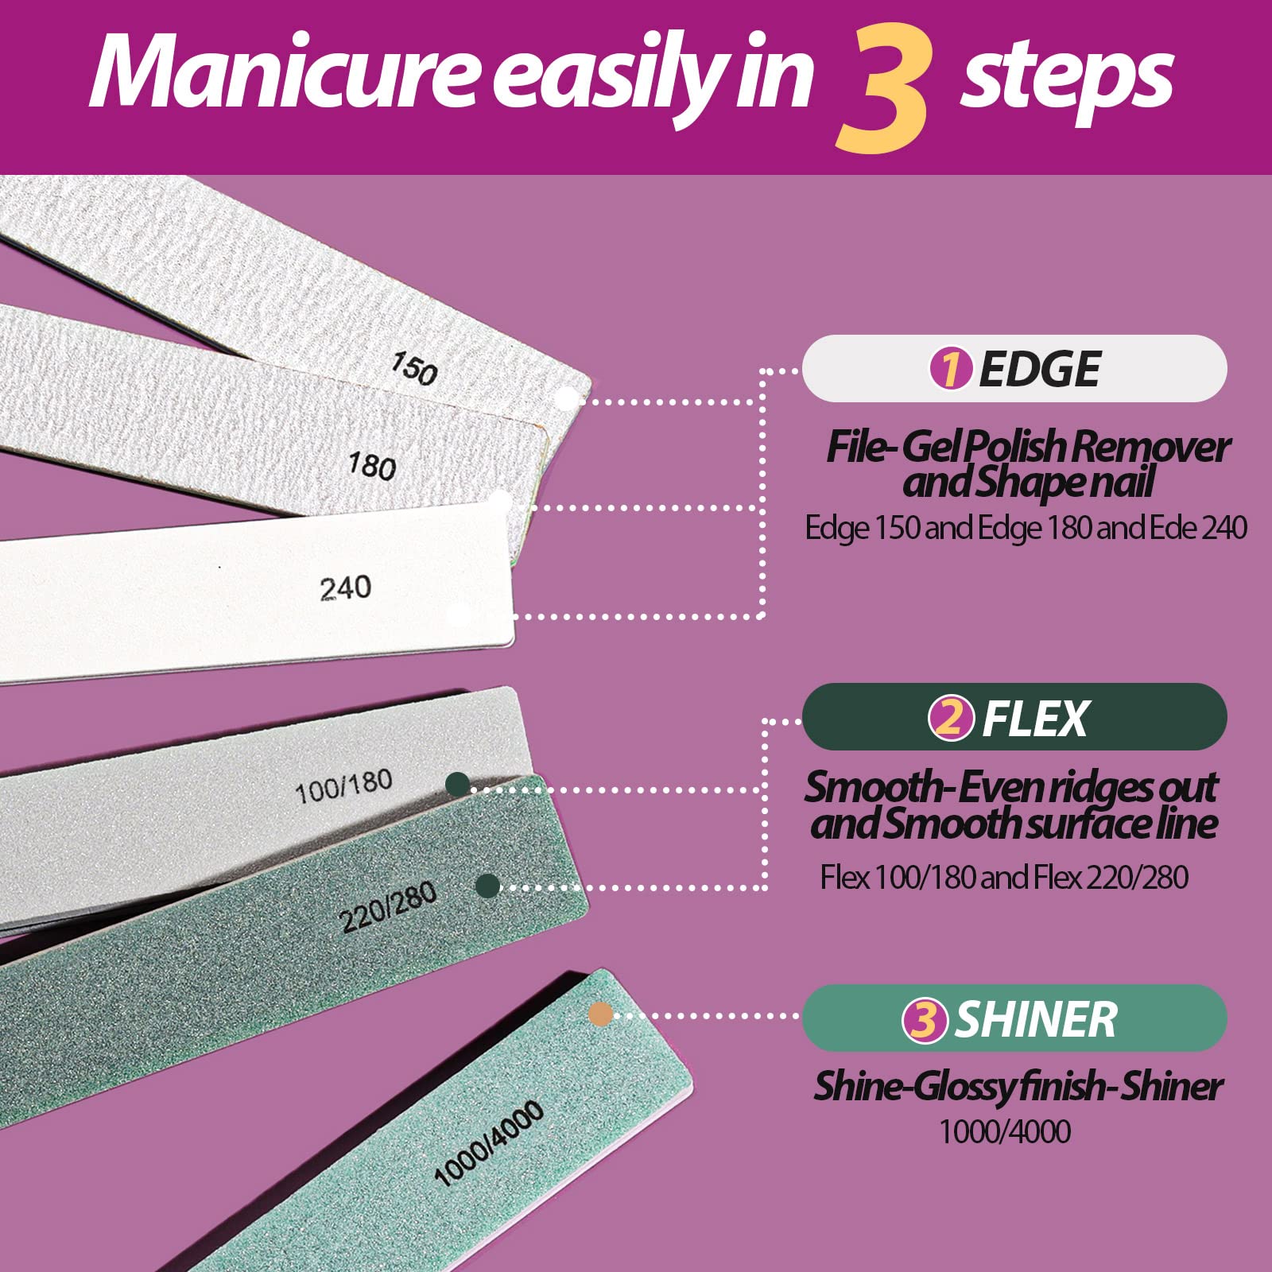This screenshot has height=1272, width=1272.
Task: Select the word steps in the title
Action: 1066,75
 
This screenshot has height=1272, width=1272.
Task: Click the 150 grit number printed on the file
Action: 414,369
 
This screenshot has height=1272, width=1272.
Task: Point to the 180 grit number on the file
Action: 372,465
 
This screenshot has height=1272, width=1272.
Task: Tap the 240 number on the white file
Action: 345,588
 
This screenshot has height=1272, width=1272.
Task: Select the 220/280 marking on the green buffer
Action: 388,907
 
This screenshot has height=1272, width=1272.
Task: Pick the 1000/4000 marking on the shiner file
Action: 489,1143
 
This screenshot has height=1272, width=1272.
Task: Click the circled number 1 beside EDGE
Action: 950,369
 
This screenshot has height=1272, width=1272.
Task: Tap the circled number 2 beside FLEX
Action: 950,718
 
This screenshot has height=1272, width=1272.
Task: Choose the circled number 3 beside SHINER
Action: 924,1020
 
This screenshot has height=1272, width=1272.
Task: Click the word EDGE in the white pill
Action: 1039,369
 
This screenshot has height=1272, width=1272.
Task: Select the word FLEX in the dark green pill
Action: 1034,719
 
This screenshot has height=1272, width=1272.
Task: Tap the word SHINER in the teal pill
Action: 1036,1020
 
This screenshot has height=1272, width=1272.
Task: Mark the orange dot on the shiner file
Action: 600,1014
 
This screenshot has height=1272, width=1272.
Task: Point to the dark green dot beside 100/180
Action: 457,785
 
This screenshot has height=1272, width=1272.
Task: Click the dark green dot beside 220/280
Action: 487,886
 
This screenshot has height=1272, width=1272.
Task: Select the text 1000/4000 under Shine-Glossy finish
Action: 1005,1131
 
